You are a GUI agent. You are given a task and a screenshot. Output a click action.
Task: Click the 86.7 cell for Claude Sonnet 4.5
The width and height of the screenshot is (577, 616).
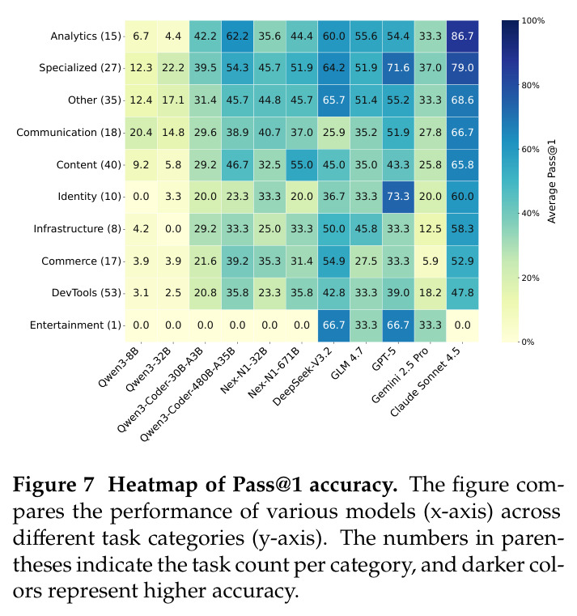(462, 36)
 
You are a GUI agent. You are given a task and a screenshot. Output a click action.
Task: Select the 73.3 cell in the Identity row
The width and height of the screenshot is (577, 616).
(398, 197)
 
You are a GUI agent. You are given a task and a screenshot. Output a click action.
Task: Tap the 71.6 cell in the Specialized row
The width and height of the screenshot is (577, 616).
(398, 68)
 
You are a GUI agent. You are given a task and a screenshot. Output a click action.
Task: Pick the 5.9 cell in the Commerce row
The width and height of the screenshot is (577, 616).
(430, 261)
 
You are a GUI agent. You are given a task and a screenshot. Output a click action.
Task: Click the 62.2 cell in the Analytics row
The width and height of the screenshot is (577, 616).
(237, 36)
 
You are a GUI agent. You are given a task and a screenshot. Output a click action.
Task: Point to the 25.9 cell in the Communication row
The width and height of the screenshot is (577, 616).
(333, 133)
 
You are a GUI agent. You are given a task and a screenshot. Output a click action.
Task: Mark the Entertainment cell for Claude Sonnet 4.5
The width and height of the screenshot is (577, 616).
(462, 325)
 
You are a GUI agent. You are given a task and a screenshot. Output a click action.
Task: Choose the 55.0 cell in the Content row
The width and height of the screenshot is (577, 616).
(302, 164)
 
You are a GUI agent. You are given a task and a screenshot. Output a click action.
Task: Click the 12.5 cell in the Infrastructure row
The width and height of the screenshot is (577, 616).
(430, 228)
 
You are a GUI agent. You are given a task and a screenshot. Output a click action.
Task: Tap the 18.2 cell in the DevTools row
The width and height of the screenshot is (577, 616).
(430, 293)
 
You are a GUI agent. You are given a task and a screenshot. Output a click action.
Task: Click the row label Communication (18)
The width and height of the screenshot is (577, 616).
(69, 133)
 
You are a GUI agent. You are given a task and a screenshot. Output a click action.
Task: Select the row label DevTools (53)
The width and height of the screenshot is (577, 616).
(87, 293)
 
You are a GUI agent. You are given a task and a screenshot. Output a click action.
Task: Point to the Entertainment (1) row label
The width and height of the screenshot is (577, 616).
(75, 325)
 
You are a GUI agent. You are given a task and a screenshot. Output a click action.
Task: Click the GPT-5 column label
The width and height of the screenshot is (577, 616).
(384, 359)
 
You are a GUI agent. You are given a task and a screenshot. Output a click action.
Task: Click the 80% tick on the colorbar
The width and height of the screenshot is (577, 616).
(530, 85)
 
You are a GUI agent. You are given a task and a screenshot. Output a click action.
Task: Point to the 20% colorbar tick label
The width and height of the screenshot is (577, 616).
(530, 278)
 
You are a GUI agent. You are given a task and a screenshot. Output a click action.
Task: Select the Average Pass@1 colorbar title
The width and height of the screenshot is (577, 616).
(552, 181)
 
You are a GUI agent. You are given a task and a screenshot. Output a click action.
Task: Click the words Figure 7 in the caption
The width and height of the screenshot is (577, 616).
(53, 485)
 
